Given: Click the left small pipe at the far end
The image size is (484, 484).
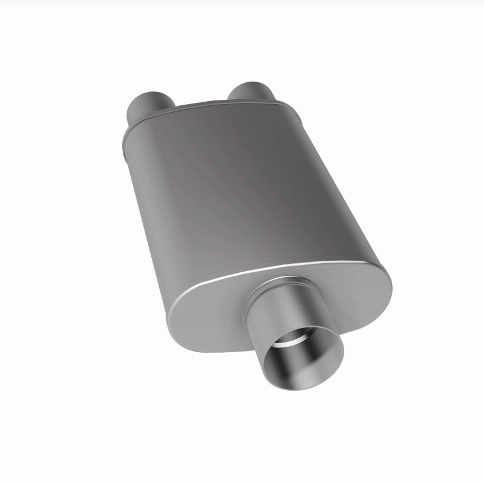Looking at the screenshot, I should pyautogui.click(x=146, y=105).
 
